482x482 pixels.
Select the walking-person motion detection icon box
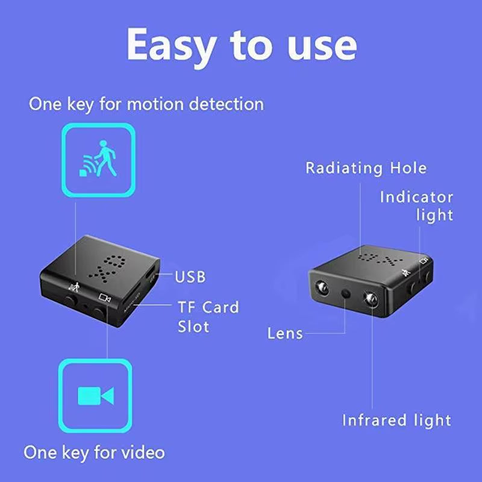point(99,159)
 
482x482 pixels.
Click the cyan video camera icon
point(96,395)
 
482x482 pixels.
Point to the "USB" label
point(190,277)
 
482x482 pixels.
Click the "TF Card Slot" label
point(208,316)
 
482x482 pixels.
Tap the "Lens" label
point(285,333)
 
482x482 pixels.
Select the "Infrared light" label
point(397,420)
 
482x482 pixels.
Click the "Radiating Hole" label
point(366,168)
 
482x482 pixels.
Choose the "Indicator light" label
point(416,205)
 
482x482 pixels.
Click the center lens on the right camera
point(346,293)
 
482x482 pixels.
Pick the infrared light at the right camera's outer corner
point(322,286)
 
